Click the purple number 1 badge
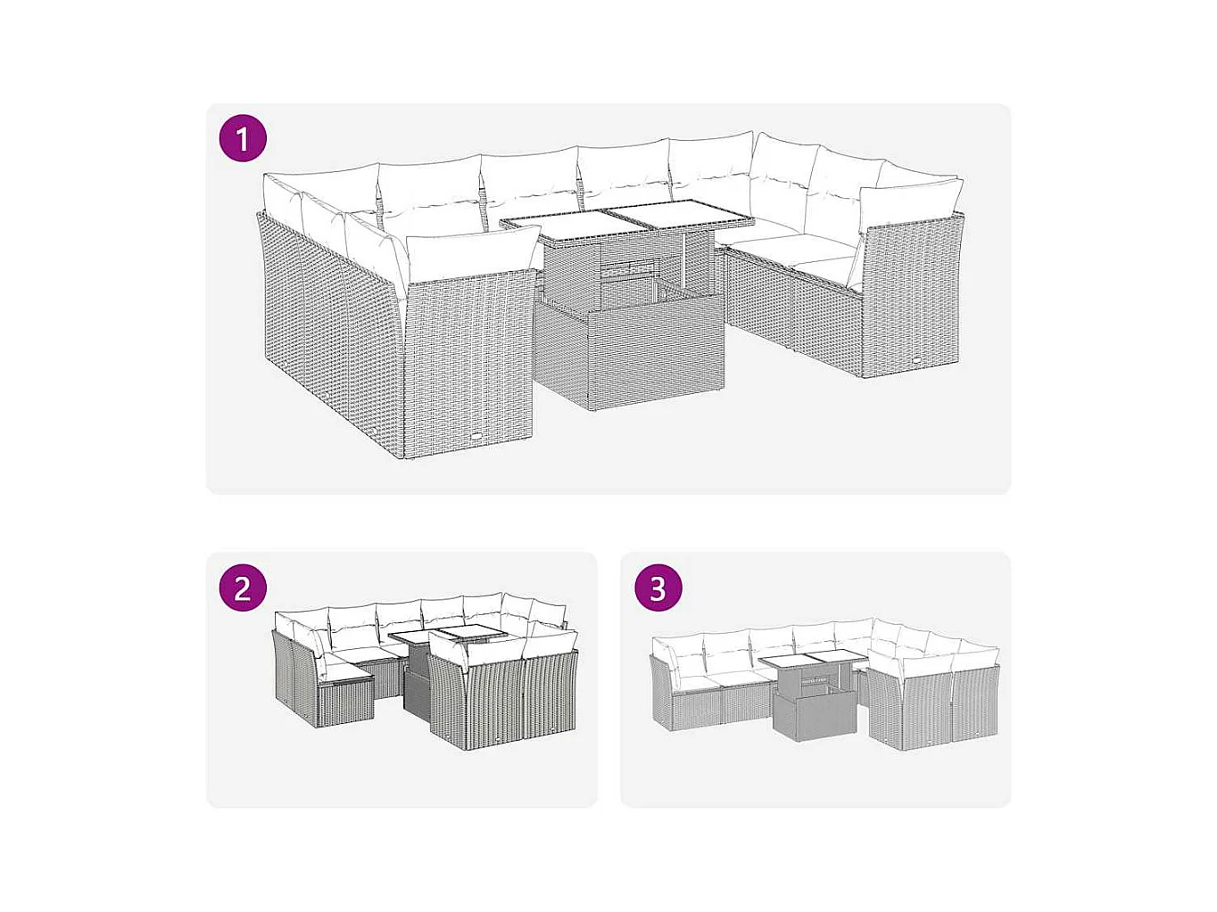click(243, 138)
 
